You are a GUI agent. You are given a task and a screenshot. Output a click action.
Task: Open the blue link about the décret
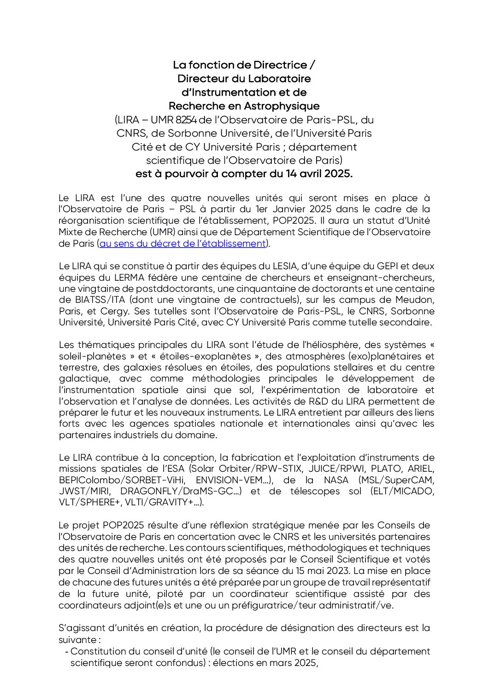click(183, 243)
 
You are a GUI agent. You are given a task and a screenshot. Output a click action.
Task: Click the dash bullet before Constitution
click(67, 652)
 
